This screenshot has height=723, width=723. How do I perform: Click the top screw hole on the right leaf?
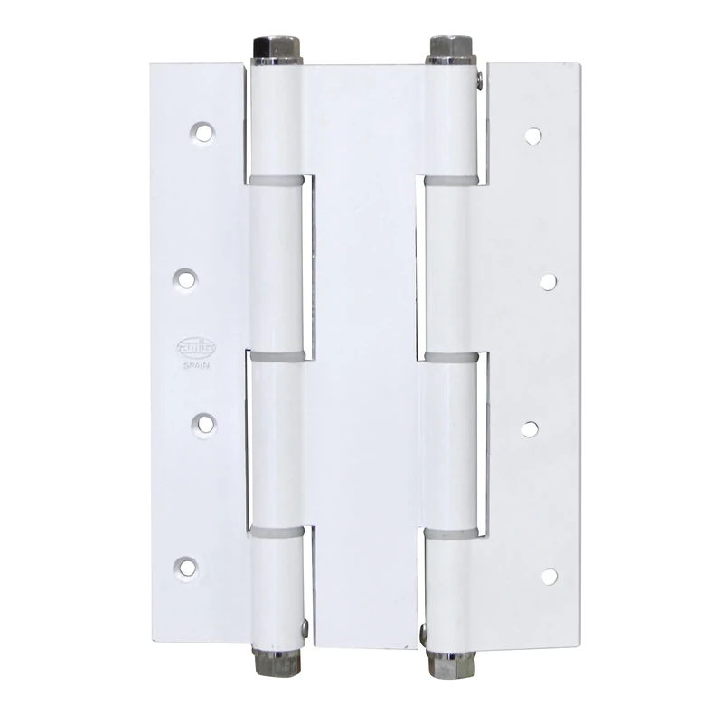coord(533,137)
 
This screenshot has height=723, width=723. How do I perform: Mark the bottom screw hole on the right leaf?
coord(549,574)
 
